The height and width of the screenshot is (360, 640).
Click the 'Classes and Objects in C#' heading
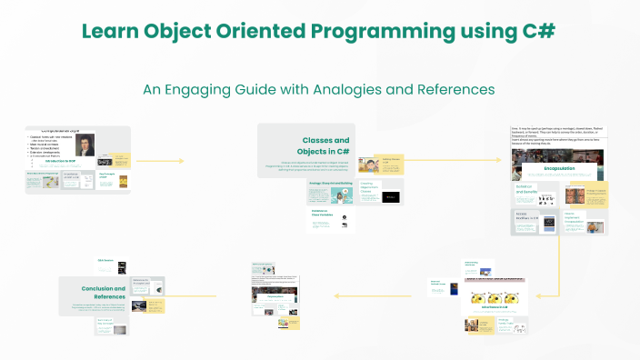click(325, 145)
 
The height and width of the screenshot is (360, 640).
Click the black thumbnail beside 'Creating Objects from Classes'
click(390, 196)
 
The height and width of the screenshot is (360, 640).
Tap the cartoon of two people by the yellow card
click(368, 165)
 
